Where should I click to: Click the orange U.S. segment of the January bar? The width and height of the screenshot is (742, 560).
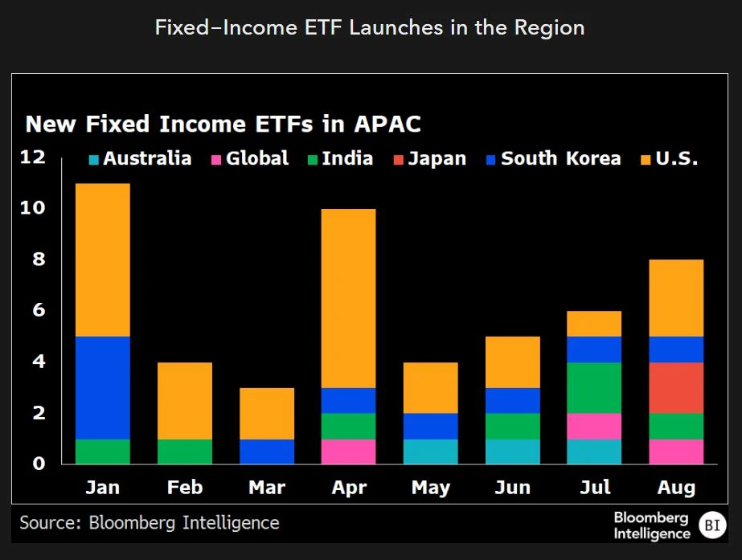coord(102,260)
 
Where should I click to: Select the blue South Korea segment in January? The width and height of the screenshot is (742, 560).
coord(102,387)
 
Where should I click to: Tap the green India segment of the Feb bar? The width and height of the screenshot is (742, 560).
coord(184,452)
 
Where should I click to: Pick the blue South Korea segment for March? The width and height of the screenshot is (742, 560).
coord(267,452)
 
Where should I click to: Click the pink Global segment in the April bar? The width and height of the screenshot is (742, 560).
coord(349,452)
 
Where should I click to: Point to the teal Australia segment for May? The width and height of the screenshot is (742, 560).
coord(431,452)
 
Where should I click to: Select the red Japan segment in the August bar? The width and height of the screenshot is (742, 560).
coord(676,387)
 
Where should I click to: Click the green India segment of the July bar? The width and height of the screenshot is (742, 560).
coord(594,387)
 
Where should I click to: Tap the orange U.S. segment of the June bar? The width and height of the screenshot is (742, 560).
coord(513,362)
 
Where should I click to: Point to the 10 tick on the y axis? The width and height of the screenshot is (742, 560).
coord(34,208)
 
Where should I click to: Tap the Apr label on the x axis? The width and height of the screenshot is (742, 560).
coord(349,488)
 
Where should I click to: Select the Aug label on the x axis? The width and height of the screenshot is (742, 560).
coord(676,488)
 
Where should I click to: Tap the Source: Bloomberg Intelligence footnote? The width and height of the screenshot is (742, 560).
coord(150,523)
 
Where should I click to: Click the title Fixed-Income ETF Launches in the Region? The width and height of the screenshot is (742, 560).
coord(370,28)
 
